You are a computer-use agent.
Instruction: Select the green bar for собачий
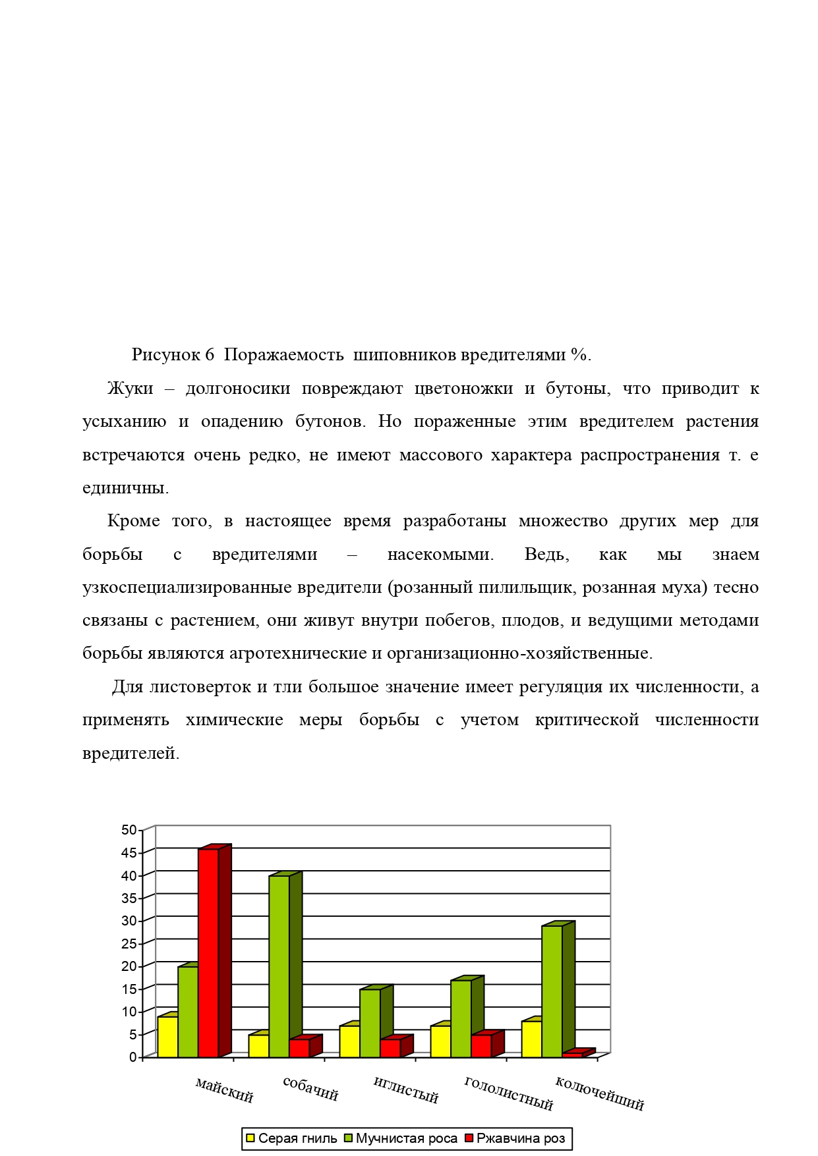pyautogui.click(x=279, y=966)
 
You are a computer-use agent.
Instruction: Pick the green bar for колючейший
pyautogui.click(x=552, y=991)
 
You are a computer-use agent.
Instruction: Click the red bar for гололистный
pyautogui.click(x=481, y=1046)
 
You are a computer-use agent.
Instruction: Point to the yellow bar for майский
pyautogui.click(x=167, y=1037)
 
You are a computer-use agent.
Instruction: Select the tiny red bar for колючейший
pyautogui.click(x=572, y=1055)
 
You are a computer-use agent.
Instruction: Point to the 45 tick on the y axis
pyautogui.click(x=129, y=853)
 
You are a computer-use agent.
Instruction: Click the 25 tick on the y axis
pyautogui.click(x=129, y=944)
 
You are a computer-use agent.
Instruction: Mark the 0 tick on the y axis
pyautogui.click(x=132, y=1057)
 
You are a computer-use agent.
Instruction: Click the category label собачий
pyautogui.click(x=310, y=1089)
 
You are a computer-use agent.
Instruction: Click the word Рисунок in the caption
pyautogui.click(x=165, y=355)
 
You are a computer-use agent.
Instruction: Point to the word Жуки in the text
pyautogui.click(x=130, y=389)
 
